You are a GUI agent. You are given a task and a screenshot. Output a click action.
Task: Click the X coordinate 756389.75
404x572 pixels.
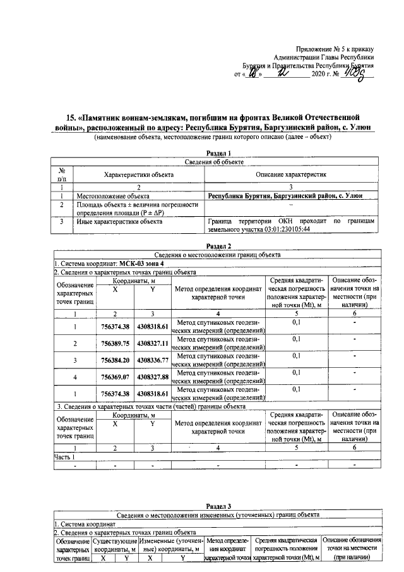coord(115,343)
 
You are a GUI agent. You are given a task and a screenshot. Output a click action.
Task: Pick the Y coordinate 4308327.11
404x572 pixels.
coord(152,343)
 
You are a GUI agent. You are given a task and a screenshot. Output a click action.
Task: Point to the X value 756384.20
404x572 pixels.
coord(115,360)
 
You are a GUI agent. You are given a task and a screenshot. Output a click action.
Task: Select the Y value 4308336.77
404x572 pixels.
coord(152,360)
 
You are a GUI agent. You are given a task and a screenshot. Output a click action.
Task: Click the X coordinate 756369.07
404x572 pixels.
coord(115,377)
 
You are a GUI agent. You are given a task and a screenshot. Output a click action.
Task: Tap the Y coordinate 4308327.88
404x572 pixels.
coord(152,377)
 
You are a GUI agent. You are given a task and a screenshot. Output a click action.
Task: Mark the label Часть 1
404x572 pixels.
coord(65,456)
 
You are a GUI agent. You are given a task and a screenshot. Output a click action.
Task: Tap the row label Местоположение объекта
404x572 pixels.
coord(113,197)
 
